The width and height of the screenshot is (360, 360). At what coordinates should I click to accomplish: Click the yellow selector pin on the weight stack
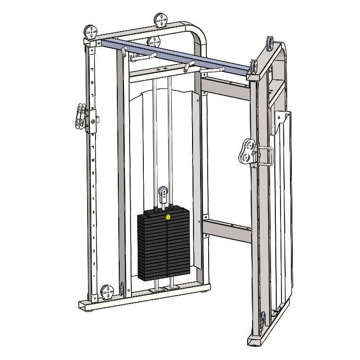[168, 218]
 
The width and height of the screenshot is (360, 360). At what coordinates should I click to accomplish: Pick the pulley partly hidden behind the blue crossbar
[154, 41]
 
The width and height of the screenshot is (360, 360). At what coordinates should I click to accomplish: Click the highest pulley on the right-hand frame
[271, 43]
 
